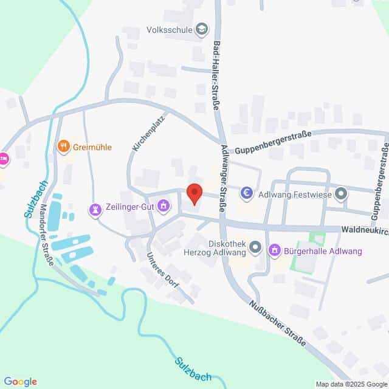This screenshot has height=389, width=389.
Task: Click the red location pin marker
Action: click(x=194, y=193)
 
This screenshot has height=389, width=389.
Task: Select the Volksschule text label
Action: click(x=168, y=28)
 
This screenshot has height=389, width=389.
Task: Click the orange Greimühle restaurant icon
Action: click(x=63, y=146)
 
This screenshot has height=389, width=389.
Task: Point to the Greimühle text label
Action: click(x=92, y=146)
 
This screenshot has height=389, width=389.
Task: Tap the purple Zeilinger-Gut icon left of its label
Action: click(x=95, y=208)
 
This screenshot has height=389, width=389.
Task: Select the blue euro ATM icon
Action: click(x=247, y=194)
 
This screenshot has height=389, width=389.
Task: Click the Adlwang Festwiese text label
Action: click(x=295, y=194)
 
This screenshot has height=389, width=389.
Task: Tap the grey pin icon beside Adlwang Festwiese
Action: click(x=341, y=194)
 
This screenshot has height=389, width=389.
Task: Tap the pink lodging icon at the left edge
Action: click(x=3, y=159)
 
